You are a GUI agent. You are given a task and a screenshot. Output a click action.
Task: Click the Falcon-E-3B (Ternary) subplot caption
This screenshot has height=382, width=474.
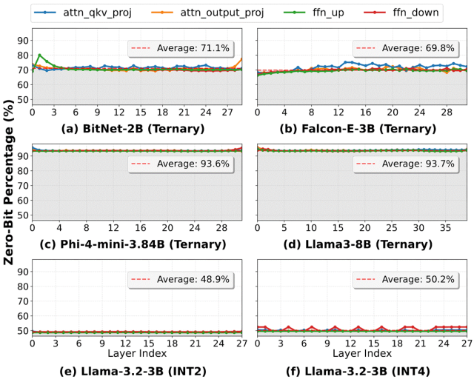point(362,129)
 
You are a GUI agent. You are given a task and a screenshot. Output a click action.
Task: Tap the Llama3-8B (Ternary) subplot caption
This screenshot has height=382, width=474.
point(362,244)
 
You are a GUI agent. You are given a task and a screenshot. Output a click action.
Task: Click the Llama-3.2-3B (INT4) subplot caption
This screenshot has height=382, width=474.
point(362,370)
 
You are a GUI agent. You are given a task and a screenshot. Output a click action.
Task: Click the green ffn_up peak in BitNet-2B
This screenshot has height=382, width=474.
point(39,55)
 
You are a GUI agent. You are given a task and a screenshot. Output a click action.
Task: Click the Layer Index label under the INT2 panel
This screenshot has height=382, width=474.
point(136,353)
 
